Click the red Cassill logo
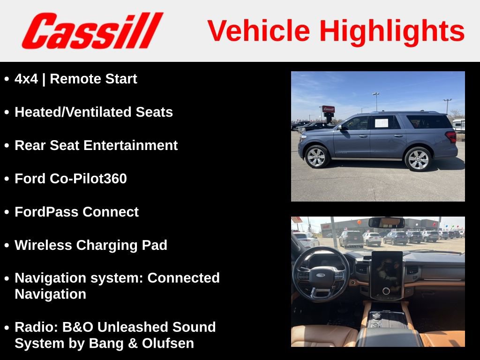[x=92, y=31]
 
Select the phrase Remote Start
[x=93, y=79]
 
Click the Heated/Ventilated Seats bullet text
[x=94, y=112]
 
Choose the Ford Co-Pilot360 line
[x=71, y=179]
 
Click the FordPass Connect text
[x=76, y=212]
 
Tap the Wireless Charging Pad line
[x=91, y=245]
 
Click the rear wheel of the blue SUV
[x=418, y=159]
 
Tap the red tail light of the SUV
[x=451, y=136]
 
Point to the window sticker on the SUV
[x=382, y=123]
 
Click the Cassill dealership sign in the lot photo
[x=328, y=109]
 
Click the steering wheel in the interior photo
[x=321, y=274]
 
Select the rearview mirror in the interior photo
[x=386, y=223]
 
